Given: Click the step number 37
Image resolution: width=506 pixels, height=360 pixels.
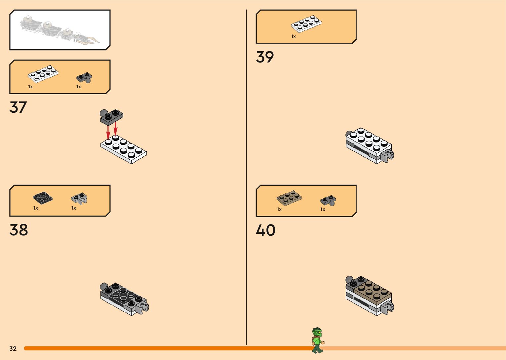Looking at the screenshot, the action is tap(18, 107).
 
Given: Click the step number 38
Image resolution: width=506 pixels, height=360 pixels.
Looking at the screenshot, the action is tap(19, 230).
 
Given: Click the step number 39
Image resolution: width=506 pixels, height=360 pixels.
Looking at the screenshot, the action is tap(265, 57).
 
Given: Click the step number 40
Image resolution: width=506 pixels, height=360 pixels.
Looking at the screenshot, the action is tap(265, 230).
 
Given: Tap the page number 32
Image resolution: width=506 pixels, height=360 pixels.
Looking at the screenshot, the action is tap(13, 348).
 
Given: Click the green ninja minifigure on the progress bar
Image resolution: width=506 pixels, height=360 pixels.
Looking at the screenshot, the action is tap(318, 340).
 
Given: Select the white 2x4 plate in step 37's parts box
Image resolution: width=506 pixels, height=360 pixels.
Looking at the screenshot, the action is tap(43, 74).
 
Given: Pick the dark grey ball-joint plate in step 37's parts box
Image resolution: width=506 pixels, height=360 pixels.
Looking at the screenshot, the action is tap(84, 78).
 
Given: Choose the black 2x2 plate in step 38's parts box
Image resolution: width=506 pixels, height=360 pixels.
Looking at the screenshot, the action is tap(43, 198).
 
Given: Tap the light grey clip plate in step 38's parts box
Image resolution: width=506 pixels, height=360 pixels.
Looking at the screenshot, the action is tap(79, 198).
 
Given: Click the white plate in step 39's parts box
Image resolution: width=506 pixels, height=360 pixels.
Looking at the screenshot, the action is tap(306, 24).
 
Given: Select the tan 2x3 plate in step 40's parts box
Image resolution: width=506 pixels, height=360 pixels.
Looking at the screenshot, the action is tap(289, 198).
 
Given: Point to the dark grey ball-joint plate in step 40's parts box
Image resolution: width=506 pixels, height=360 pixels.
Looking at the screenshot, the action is tap(328, 200).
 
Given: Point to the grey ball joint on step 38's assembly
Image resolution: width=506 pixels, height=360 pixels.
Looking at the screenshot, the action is tap(104, 287).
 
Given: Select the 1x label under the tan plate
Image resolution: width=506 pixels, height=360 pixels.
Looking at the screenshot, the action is tap(279, 209).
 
